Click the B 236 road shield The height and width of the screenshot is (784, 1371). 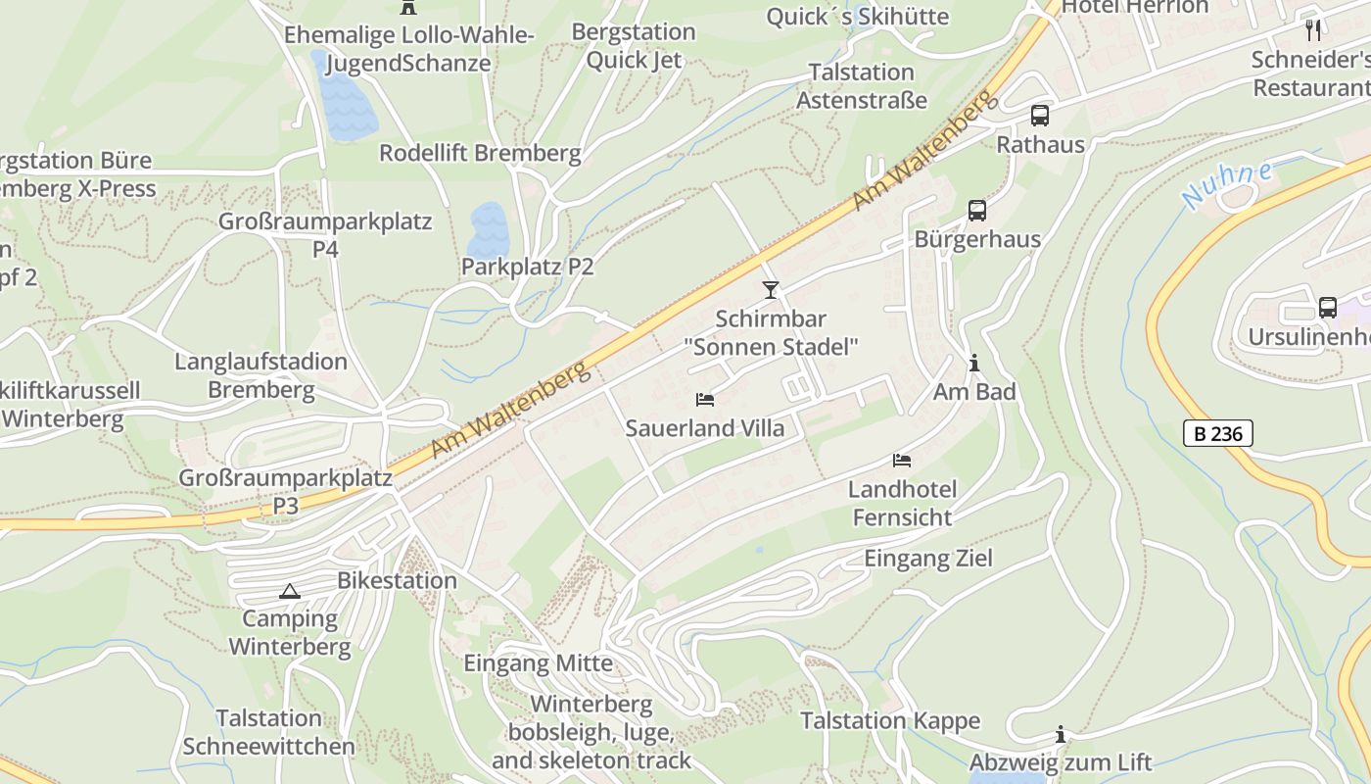tap(1217, 433)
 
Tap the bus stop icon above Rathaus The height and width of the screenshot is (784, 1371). tap(1040, 116)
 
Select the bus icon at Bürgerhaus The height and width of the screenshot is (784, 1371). tap(976, 210)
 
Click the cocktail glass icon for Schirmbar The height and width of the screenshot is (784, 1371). tap(771, 290)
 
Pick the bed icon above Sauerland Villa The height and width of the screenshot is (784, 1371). tap(704, 400)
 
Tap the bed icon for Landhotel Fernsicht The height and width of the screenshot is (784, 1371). tap(901, 461)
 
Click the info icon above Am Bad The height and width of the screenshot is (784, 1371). tap(973, 364)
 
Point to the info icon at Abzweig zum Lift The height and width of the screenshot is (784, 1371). tap(1060, 735)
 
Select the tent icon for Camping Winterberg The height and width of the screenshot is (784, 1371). tap(289, 591)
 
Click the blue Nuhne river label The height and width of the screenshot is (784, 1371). tap(1227, 183)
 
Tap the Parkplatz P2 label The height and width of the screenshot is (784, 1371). tap(527, 267)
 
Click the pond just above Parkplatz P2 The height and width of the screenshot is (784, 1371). tap(487, 227)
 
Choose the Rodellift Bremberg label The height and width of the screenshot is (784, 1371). tap(480, 154)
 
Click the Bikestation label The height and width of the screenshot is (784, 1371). tap(397, 580)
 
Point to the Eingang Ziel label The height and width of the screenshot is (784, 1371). tap(927, 559)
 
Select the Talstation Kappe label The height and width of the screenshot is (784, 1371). tap(889, 721)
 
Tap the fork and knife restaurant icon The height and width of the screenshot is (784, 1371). tap(1313, 29)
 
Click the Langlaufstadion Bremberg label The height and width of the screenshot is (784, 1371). tap(260, 375)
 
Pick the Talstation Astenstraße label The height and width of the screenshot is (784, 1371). tap(861, 86)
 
